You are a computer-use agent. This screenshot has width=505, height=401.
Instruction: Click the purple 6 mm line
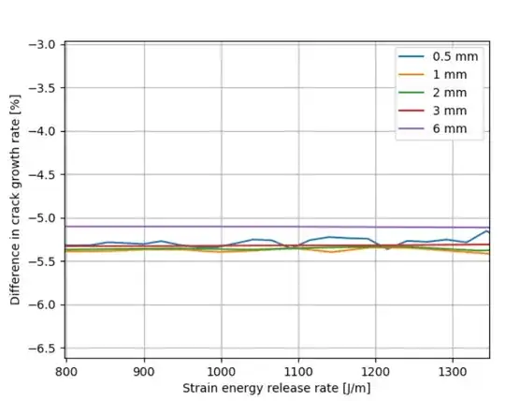coord(281,226)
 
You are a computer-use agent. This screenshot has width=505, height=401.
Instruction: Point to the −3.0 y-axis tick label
coord(43,45)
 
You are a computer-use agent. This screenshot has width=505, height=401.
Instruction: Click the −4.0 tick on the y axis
coord(43,131)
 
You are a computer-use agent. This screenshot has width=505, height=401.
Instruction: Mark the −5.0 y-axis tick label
coord(43,218)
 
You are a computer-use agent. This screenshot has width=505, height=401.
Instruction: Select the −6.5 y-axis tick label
coord(43,349)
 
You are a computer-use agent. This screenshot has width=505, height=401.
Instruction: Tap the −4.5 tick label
coord(43,175)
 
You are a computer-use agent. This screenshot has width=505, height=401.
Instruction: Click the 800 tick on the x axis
coord(66,370)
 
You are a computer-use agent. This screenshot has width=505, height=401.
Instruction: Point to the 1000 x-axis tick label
coord(221,370)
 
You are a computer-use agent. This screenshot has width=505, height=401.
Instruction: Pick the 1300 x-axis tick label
coord(452,370)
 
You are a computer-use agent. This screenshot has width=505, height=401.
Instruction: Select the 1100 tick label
coord(297,370)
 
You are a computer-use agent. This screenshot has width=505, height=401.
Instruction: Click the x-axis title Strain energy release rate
coord(277,388)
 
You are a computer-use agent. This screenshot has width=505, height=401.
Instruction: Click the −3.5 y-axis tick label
coord(43,88)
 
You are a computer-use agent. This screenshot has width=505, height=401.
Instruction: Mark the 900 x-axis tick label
coord(144,370)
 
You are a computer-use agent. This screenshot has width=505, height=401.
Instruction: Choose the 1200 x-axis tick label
coord(375,370)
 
